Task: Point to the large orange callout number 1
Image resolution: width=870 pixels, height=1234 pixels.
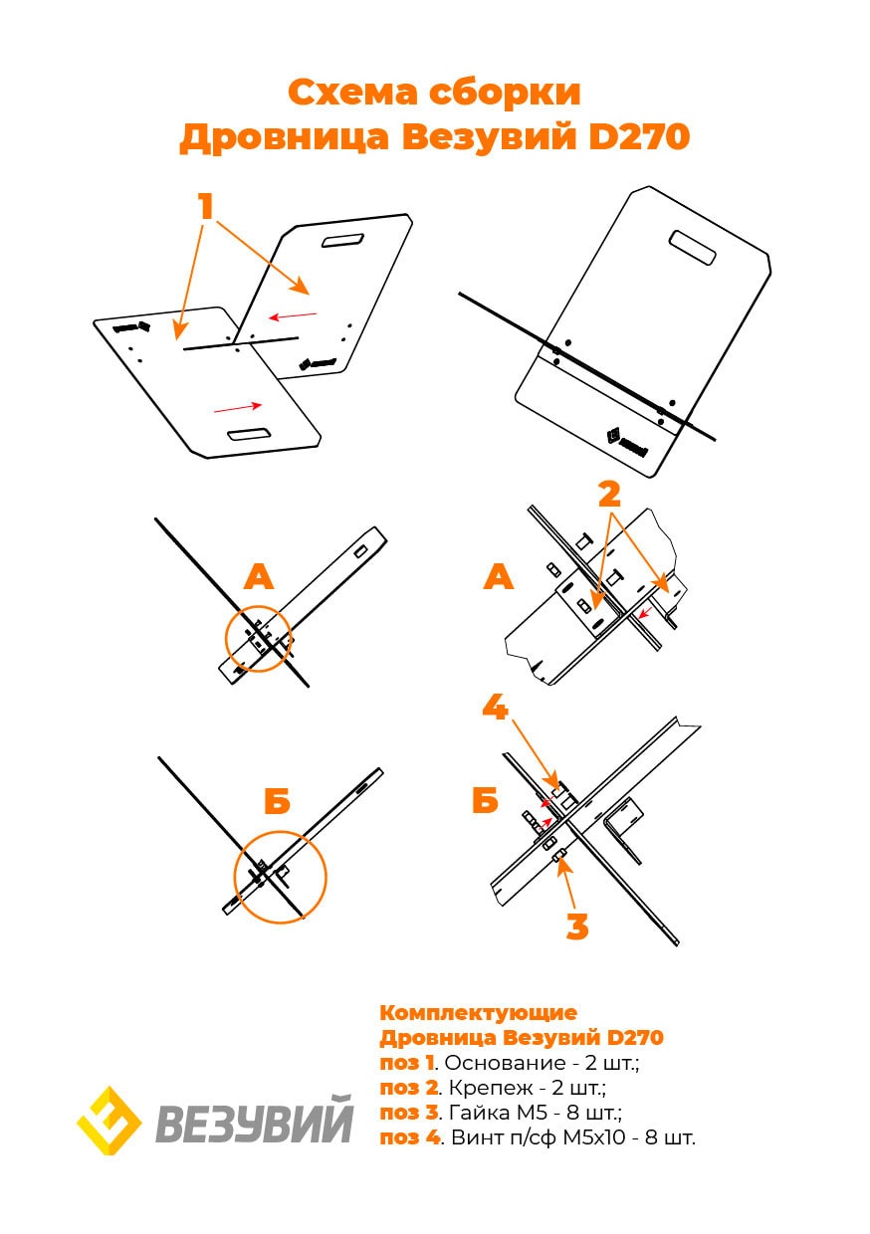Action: coord(206,207)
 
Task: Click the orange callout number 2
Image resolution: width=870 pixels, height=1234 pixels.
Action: coord(609,495)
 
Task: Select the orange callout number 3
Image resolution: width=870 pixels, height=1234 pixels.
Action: coord(577,926)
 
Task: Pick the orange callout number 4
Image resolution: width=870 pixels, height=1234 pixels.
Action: coord(496,708)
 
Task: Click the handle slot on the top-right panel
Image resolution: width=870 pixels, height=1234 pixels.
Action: coord(693,248)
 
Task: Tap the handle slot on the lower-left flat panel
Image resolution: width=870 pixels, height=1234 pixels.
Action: coord(249,434)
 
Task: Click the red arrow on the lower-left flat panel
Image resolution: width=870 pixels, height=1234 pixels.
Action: coord(237,406)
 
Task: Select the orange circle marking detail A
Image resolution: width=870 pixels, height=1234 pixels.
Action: coord(259,638)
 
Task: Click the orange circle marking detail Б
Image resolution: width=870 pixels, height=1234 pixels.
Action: coord(280,877)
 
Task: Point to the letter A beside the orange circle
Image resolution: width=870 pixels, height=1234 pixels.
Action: coord(258,576)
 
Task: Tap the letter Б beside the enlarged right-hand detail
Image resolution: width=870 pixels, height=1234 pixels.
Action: coord(485,800)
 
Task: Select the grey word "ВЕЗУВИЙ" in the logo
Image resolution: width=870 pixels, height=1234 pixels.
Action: coord(255,1123)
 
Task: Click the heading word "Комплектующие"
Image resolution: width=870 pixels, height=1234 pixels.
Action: coord(478,1013)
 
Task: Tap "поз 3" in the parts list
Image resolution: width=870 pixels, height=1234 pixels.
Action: coord(409,1113)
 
